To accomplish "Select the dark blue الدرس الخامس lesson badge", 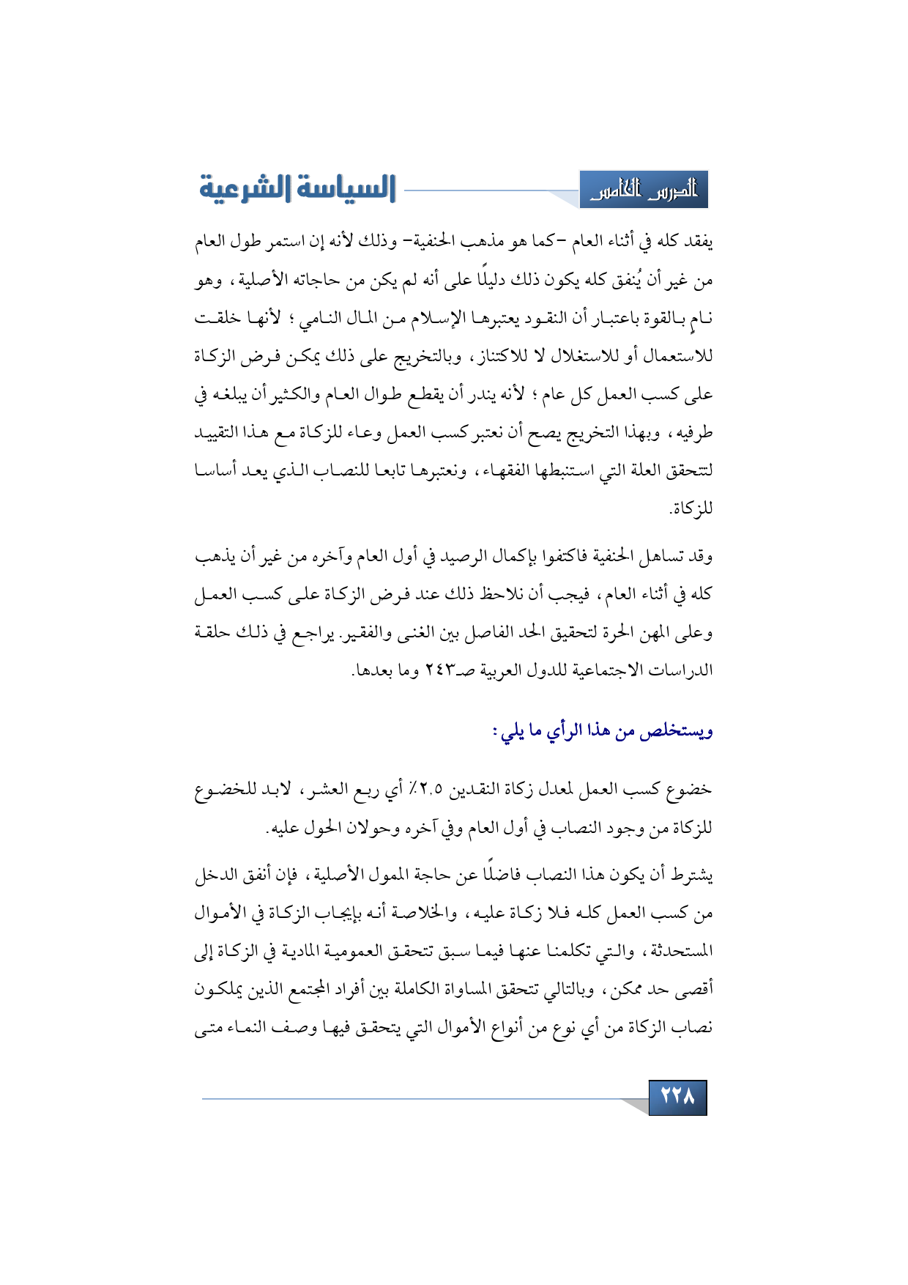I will [x=644, y=190].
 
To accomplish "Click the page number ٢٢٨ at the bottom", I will [x=677, y=1097].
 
